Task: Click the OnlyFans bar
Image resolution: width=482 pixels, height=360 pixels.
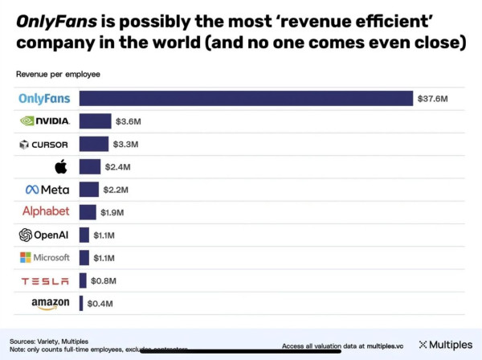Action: tap(245, 98)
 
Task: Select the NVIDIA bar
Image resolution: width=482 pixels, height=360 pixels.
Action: tap(95, 121)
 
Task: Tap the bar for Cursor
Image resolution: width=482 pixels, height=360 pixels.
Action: tap(93, 145)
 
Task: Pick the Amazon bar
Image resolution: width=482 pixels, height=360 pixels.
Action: tap(81, 304)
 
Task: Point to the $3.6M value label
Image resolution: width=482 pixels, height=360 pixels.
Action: tap(129, 121)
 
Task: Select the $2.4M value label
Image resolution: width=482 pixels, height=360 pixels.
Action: tap(117, 167)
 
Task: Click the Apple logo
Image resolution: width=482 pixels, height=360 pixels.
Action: tap(60, 167)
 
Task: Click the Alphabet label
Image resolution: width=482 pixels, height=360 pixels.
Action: tap(46, 211)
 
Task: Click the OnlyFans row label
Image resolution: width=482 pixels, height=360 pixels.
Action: tap(44, 99)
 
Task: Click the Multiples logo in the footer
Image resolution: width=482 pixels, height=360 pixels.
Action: tap(446, 345)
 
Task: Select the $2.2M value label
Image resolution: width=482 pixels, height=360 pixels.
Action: tap(116, 190)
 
